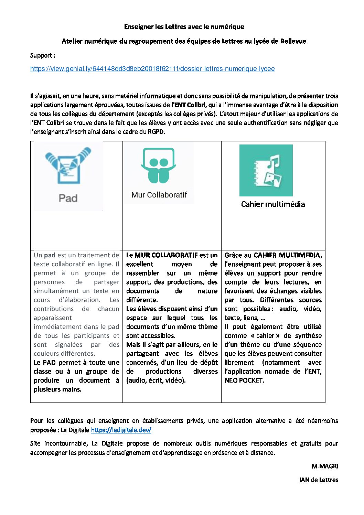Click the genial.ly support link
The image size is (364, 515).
pos(152,69)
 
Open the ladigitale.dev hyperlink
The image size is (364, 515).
pos(121,430)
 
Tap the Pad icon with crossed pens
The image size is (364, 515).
pos(68,166)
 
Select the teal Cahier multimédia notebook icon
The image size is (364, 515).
pos(266,170)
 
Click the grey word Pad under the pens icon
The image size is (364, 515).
pos(68,198)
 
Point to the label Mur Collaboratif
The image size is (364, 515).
pos(159,195)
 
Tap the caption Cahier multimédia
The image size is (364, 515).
pos(273,204)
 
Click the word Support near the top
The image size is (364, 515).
pos(41,56)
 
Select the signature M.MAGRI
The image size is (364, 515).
pos(325,466)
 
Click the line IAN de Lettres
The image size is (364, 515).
pos(319,480)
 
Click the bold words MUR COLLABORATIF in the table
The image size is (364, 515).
pos(166,255)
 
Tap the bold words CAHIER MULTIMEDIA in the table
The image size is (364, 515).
pos(287,255)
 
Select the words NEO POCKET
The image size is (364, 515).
pos(244,380)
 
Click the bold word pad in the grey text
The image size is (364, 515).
pos(50,255)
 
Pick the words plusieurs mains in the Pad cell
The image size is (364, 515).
pos(57,389)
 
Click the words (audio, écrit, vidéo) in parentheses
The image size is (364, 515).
pos(156,380)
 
